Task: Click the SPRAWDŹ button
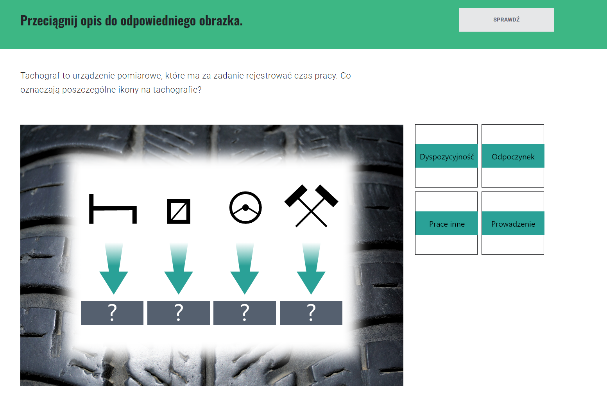(506, 20)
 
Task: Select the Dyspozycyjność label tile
(447, 156)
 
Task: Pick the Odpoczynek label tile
(513, 156)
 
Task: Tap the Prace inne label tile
(447, 223)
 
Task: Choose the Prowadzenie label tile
(513, 223)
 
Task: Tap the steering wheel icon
(245, 207)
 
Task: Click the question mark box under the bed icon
(112, 313)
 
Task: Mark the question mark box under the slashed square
(179, 313)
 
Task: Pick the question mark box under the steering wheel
(245, 313)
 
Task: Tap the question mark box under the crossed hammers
(311, 313)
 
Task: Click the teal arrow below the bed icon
(114, 269)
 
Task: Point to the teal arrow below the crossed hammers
(311, 269)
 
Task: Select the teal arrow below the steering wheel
(245, 269)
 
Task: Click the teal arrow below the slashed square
(179, 269)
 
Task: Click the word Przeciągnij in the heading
(49, 21)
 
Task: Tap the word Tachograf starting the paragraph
(40, 75)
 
